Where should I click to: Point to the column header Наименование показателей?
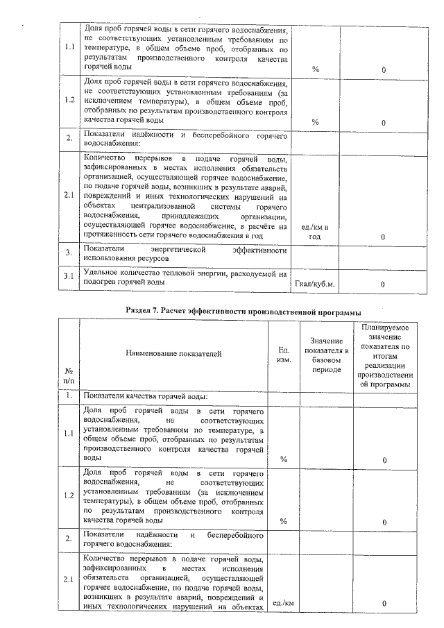coord(173,354)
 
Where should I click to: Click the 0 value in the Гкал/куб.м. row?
coord(383,284)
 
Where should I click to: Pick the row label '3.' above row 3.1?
coord(69,252)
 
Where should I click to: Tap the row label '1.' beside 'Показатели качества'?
coord(69,396)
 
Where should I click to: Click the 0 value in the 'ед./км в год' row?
coord(383,237)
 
